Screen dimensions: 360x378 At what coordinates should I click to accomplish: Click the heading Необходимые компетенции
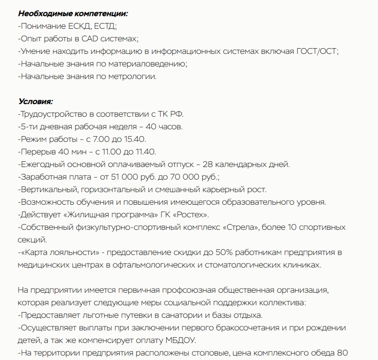point(73,13)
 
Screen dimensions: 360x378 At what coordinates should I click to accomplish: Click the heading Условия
point(35,101)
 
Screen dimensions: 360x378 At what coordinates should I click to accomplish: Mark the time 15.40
point(135,139)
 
